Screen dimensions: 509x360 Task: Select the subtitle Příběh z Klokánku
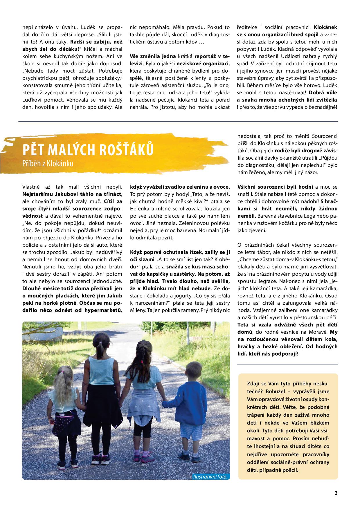pyautogui.click(x=48, y=163)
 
